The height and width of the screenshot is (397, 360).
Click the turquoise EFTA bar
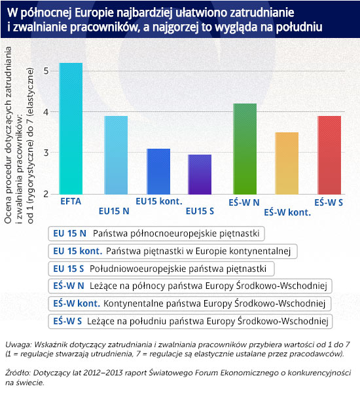[x=71, y=128]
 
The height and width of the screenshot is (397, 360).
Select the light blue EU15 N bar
[x=116, y=155]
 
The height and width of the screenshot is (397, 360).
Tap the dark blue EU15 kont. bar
[x=158, y=172]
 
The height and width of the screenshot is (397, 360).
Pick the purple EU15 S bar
[x=200, y=174]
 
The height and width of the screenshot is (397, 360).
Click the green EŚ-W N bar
[x=245, y=149]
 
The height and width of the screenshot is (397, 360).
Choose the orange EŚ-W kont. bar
[x=287, y=163]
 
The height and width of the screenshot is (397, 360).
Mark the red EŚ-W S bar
[x=329, y=155]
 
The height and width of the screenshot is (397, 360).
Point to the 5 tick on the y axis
[x=46, y=71]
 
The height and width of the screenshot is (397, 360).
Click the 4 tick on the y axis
[x=46, y=111]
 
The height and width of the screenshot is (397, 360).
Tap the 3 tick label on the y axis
[x=46, y=153]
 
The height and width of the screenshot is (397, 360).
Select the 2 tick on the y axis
[x=46, y=194]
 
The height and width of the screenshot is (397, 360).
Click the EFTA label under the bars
[x=71, y=202]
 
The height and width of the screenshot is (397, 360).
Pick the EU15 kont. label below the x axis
[x=159, y=201]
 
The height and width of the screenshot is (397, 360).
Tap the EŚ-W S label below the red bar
[x=329, y=202]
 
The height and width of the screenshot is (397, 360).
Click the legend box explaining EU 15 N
[x=156, y=233]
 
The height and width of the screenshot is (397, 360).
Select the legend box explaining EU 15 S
[x=161, y=269]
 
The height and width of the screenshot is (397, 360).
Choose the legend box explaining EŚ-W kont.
[x=190, y=303]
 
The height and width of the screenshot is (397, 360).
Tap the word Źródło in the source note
[x=18, y=373]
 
